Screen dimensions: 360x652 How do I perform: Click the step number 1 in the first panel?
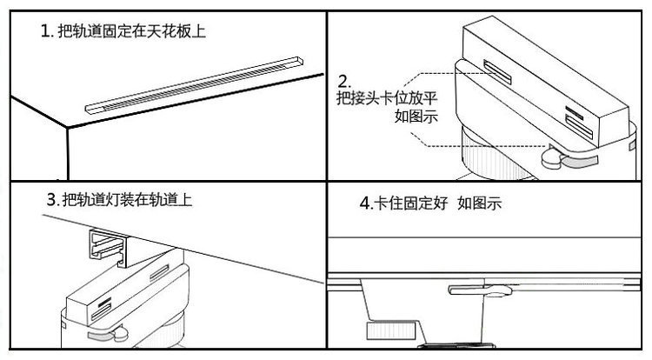coord(44,32)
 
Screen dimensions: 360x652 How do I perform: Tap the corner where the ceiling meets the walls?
coord(66,130)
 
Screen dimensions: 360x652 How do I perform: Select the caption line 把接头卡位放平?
coord(386,97)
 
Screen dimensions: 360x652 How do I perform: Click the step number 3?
coord(50,199)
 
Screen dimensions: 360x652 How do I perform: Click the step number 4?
coord(364,205)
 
